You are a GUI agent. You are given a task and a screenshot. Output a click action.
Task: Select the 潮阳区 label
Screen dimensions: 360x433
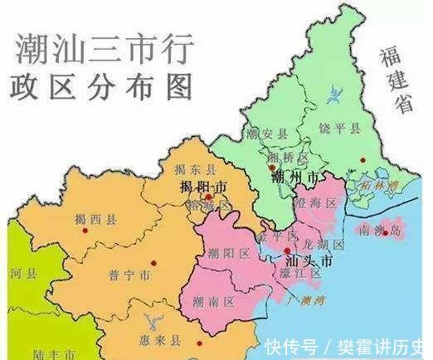click(x=226, y=253)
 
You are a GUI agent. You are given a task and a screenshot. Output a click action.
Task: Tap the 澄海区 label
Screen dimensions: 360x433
click(x=319, y=202)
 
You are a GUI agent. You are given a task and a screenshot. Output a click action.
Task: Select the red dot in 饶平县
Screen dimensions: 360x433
click(x=362, y=159)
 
